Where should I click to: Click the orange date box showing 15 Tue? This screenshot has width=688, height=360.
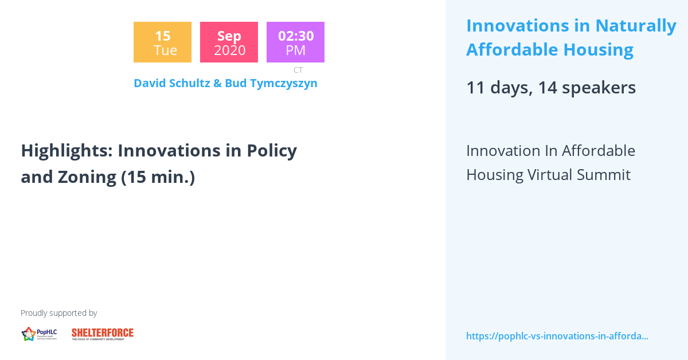click(x=162, y=42)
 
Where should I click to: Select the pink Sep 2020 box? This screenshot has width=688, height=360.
click(x=229, y=42)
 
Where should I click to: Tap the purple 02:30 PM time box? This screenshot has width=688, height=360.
click(x=295, y=42)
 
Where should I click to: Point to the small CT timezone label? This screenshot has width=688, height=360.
click(x=298, y=70)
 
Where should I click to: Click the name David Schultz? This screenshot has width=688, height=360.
click(x=171, y=83)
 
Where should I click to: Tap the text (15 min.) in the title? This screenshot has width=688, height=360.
click(x=158, y=177)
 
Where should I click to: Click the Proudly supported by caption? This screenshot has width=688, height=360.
click(x=58, y=313)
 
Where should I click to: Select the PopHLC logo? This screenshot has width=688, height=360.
click(x=39, y=334)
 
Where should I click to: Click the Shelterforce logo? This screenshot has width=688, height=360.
click(x=103, y=334)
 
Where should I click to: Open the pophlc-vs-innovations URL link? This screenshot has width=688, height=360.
click(x=557, y=336)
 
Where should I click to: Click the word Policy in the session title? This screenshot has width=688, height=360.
click(x=272, y=151)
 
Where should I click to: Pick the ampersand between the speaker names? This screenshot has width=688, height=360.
click(x=217, y=83)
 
